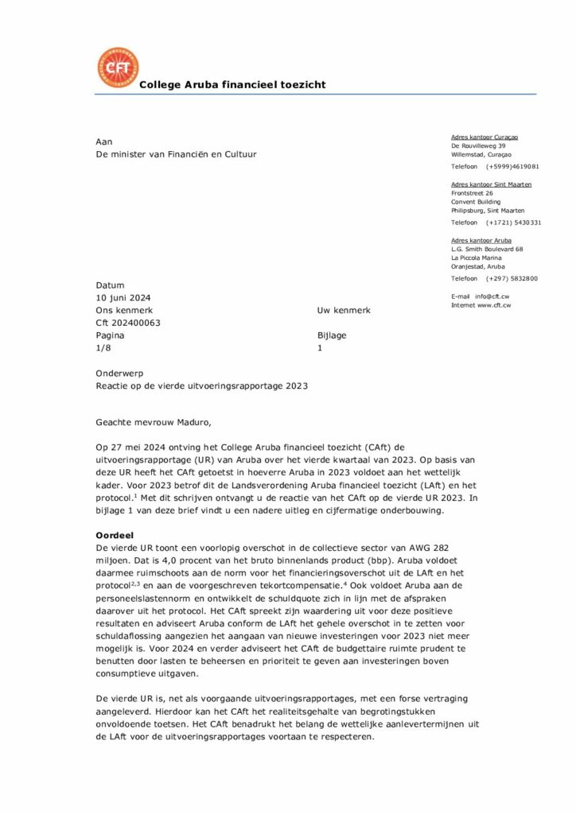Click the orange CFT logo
click(x=117, y=68)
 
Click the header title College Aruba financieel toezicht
click(x=232, y=85)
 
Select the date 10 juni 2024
click(x=123, y=297)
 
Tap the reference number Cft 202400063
click(x=128, y=323)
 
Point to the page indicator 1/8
click(x=104, y=348)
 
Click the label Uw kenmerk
click(x=344, y=310)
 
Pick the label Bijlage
click(x=332, y=335)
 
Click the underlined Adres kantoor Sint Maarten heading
click(x=491, y=184)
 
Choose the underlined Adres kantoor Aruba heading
click(x=481, y=240)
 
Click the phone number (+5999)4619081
click(x=513, y=166)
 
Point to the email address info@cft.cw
click(x=492, y=297)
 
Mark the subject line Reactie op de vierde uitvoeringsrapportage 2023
click(x=201, y=386)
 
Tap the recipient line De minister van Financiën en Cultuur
click(x=177, y=154)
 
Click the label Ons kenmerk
click(x=124, y=310)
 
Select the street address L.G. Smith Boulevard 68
click(x=487, y=250)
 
